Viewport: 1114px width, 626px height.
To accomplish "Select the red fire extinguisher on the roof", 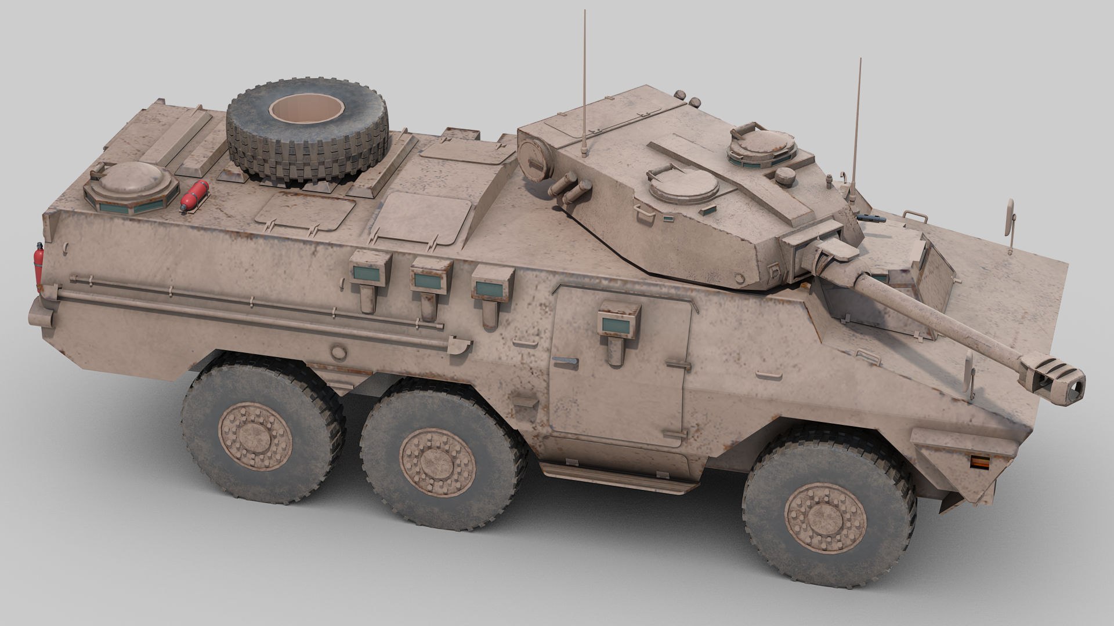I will click(x=195, y=195).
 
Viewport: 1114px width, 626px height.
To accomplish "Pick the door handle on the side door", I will click(x=565, y=361).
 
